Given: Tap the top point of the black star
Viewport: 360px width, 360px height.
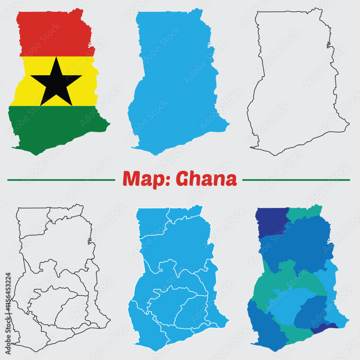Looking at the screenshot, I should (x=57, y=58).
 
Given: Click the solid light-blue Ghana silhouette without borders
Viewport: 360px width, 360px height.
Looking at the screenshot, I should (x=176, y=83).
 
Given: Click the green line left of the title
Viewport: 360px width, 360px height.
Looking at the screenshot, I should (x=61, y=180).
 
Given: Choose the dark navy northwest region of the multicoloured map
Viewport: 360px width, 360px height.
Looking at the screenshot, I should (x=271, y=221).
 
